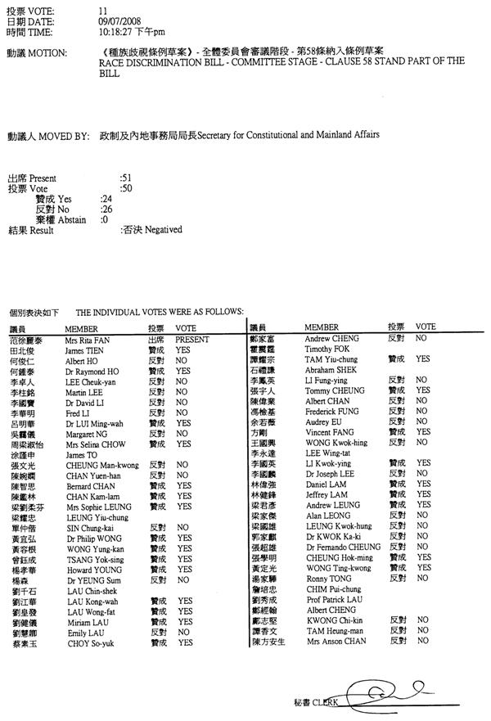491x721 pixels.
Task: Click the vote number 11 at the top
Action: [102, 8]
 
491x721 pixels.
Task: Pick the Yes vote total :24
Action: [106, 198]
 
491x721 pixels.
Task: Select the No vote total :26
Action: [106, 209]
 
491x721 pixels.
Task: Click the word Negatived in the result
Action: [164, 230]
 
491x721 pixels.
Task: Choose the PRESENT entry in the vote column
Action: [191, 338]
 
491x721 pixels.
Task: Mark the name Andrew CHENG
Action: [327, 337]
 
